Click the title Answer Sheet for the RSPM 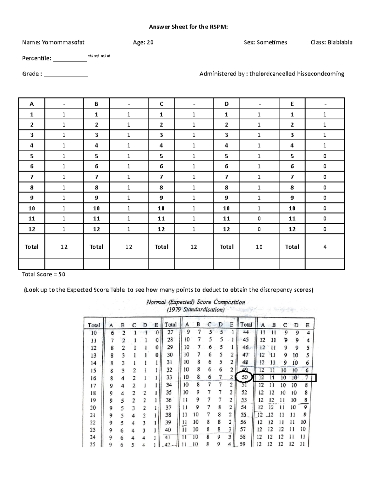point(188,27)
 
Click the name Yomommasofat point(63,42)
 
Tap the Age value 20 point(150,42)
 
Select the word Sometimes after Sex point(272,42)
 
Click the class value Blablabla point(340,42)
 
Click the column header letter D point(227,104)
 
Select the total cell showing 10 point(259,247)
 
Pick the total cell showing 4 point(325,247)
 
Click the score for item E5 point(325,156)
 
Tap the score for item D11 point(259,219)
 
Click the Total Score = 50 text point(43,274)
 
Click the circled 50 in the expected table point(244,377)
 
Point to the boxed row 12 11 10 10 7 point(285,378)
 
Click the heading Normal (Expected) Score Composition point(195,302)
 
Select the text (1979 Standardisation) point(195,310)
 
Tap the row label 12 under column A point(32,229)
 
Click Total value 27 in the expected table point(170,332)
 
